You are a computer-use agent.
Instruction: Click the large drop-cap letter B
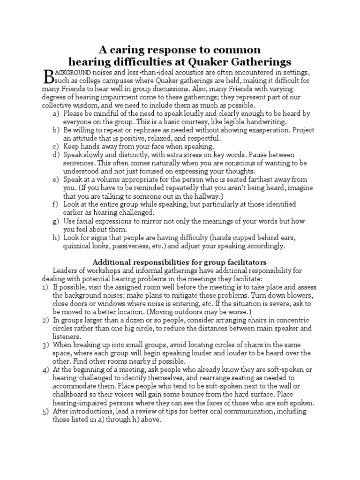click(49, 77)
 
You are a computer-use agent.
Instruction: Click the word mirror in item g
click(147, 221)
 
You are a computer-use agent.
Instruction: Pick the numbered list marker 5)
click(45, 411)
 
